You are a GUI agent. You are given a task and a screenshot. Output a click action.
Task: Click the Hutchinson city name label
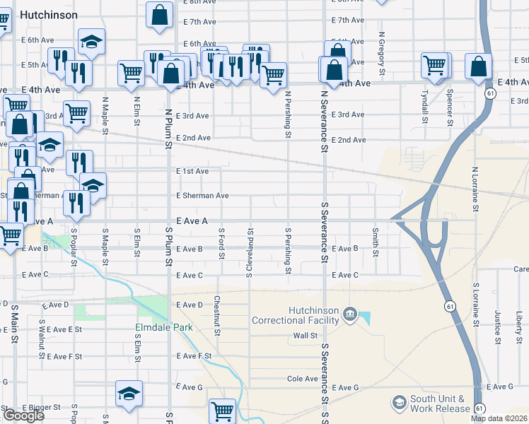pos(49,14)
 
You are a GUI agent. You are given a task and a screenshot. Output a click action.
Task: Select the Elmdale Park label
pos(164,328)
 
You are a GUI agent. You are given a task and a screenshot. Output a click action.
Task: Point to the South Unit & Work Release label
pos(441,404)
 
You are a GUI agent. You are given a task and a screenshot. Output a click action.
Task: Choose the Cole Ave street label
pos(302,379)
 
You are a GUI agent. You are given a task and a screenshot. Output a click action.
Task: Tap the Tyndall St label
pos(425,105)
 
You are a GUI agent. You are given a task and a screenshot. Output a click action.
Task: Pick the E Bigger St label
pos(42,408)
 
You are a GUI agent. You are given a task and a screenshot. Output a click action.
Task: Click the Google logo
pos(23,416)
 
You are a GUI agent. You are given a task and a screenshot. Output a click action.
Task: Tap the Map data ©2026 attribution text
pos(499,418)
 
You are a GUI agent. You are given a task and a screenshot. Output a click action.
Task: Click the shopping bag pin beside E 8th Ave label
pos(160,14)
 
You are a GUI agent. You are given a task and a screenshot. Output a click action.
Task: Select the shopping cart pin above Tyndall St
pos(434,66)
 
